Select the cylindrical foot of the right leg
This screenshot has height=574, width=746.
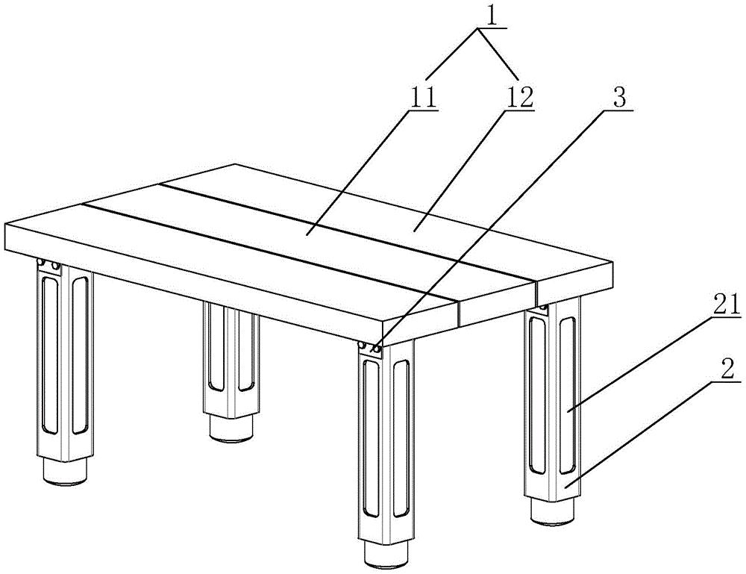[553, 513]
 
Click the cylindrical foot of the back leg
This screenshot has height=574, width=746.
[231, 429]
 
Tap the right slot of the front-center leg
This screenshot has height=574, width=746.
[401, 438]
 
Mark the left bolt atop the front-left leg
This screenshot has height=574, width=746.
[42, 263]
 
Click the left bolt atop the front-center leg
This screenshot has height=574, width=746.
[363, 345]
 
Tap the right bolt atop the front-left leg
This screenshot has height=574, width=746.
[56, 265]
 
